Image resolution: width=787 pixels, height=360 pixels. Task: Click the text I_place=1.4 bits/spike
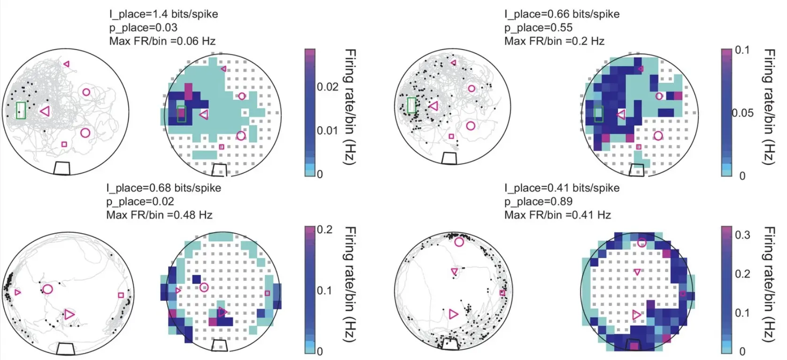pos(163,14)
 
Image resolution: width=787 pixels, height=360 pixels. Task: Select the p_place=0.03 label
pos(143,28)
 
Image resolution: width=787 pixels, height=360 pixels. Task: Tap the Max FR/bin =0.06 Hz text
pos(162,41)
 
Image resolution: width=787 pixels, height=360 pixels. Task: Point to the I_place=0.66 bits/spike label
pos(562,14)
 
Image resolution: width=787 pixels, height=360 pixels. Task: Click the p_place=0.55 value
pos(538,28)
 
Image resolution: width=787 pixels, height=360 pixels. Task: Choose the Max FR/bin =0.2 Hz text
pos(554,41)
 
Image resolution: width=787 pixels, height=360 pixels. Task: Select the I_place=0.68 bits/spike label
pos(163,188)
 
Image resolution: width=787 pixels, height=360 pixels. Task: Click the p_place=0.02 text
pos(140,202)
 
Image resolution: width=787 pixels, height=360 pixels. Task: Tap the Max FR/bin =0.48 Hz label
pos(159,215)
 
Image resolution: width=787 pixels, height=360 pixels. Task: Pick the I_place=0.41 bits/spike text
pos(562,188)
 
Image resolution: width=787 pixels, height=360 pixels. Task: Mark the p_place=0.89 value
pos(538,202)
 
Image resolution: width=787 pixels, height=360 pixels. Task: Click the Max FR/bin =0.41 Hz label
pos(557,215)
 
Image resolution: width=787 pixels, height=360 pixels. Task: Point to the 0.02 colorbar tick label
pos(327,87)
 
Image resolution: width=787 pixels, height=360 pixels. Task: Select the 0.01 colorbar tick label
pos(327,130)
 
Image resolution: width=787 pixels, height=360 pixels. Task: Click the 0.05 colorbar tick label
pos(742,113)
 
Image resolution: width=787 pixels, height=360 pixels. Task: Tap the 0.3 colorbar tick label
pos(742,235)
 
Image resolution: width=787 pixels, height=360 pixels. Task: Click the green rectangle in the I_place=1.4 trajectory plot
pos(21,110)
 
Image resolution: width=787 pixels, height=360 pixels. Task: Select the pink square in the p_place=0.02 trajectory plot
pos(121,295)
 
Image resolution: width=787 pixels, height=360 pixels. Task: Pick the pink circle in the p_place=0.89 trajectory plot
pos(459,242)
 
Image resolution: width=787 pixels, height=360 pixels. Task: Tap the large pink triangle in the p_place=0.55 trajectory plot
pos(433,107)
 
